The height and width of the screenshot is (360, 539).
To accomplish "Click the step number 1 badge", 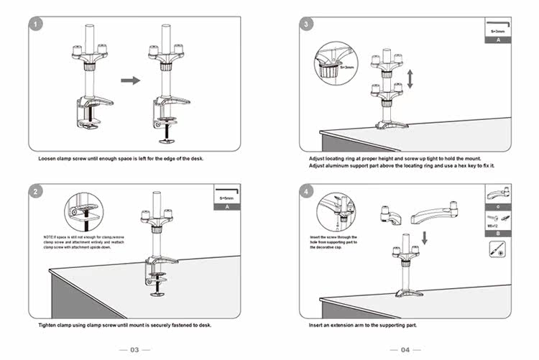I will pos(37,25).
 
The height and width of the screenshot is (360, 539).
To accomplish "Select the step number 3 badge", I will pos(308,25).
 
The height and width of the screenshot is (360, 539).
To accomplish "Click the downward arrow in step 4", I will pos(424,236).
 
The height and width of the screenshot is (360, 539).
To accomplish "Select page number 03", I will pos(134,350).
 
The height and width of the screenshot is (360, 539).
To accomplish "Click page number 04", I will pos(405,350).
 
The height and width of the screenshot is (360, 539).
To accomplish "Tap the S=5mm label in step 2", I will pos(227,198).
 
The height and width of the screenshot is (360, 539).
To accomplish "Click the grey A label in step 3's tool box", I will pos(497,40).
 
